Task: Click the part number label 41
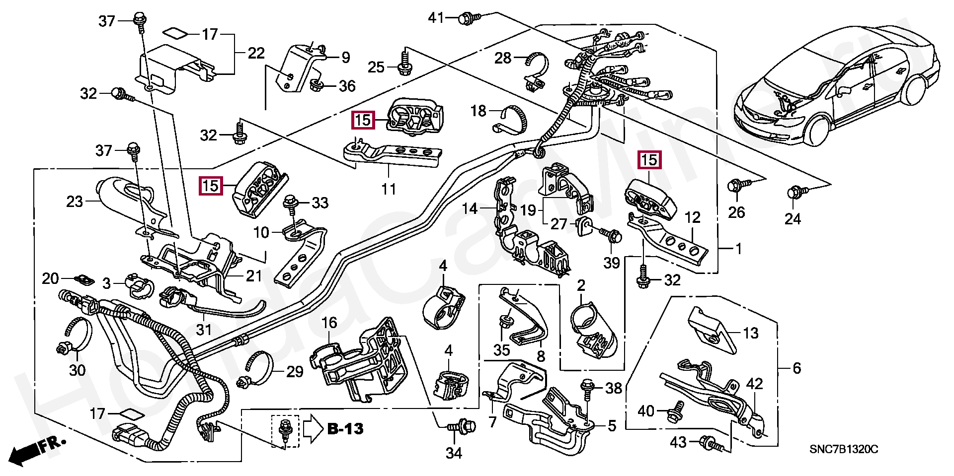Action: click(x=436, y=18)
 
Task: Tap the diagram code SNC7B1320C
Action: click(x=844, y=450)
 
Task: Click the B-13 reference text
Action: click(x=345, y=429)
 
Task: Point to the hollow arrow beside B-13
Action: click(x=313, y=429)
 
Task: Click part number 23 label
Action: click(x=75, y=202)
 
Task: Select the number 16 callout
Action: click(x=329, y=323)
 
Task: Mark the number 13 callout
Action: click(x=750, y=333)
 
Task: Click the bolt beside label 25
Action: click(x=403, y=67)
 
